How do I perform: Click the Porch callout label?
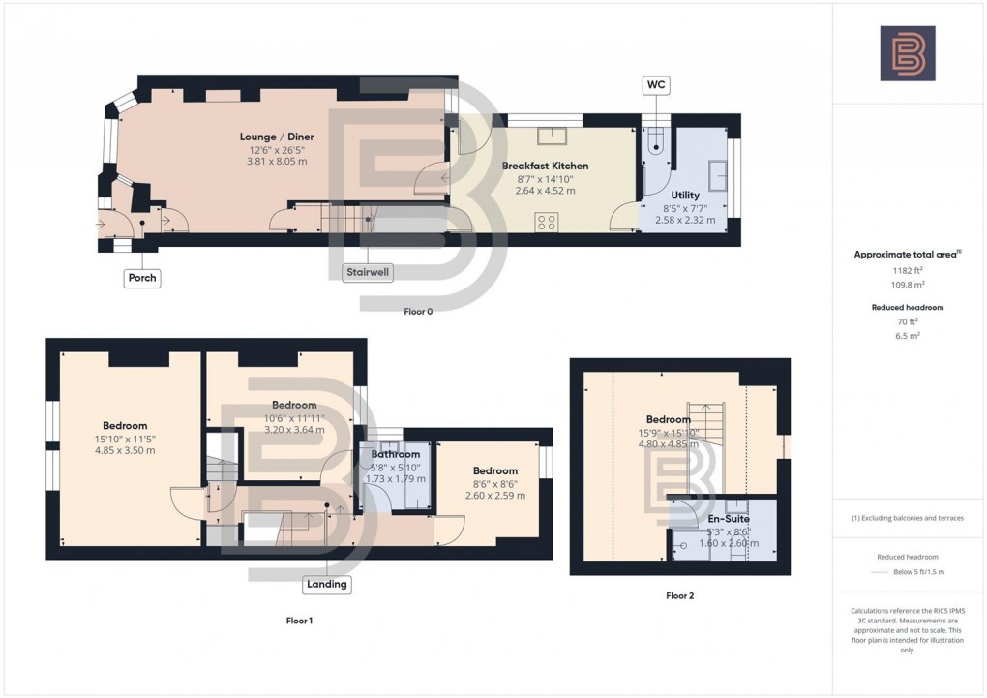pyautogui.click(x=141, y=278)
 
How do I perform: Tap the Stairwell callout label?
pyautogui.click(x=369, y=272)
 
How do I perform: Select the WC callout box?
pyautogui.click(x=655, y=86)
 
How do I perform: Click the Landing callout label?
pyautogui.click(x=327, y=584)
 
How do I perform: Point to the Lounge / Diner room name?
pyautogui.click(x=277, y=137)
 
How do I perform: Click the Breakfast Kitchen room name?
pyautogui.click(x=545, y=166)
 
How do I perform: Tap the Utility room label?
pyautogui.click(x=685, y=195)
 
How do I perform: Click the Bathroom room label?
pyautogui.click(x=395, y=454)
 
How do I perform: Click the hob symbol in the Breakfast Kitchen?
pyautogui.click(x=546, y=222)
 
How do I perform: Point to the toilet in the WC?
pyautogui.click(x=655, y=146)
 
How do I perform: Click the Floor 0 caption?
pyautogui.click(x=418, y=312)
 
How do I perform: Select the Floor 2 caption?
pyautogui.click(x=679, y=596)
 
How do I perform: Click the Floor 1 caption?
pyautogui.click(x=299, y=620)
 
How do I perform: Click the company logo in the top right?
pyautogui.click(x=907, y=53)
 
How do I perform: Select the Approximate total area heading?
pyautogui.click(x=907, y=255)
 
